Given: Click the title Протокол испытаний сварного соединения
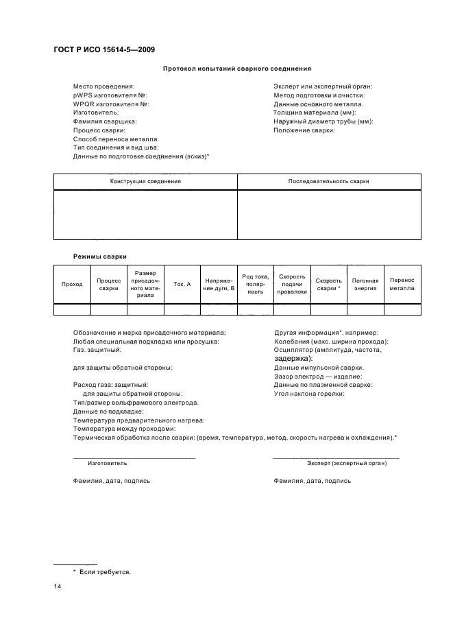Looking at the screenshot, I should pos(237,69).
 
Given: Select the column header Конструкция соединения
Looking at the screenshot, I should pos(145,182).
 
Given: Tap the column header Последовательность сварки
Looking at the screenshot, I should pos(329,182).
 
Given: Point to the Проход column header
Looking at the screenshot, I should pos(72,284).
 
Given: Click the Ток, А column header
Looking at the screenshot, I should pos(182,284).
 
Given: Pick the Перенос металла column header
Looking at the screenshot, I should pos(402,284).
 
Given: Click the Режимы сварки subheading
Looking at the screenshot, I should pos(100,256).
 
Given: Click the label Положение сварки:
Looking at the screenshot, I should pos(304,130).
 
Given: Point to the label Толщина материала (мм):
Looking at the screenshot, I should pos(315,112).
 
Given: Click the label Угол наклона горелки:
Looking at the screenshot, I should pos(309,394).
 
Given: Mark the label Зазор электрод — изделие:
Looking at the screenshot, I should pos(318,376).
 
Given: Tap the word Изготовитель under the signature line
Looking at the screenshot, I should pos(102,464).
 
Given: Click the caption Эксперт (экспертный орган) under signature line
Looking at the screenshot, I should pos(347,464).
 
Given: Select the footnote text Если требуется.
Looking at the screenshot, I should pos(105,571).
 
